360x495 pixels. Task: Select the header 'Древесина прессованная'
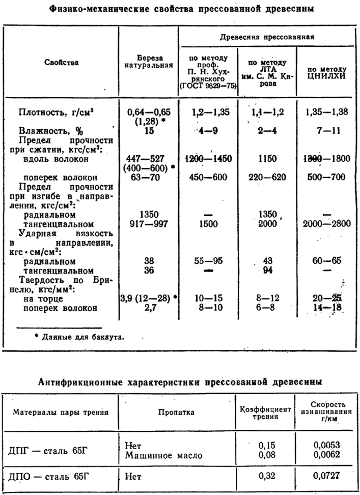(x=267, y=37)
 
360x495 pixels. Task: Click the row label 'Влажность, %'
(x=50, y=130)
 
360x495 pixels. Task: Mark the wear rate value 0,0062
(x=326, y=454)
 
